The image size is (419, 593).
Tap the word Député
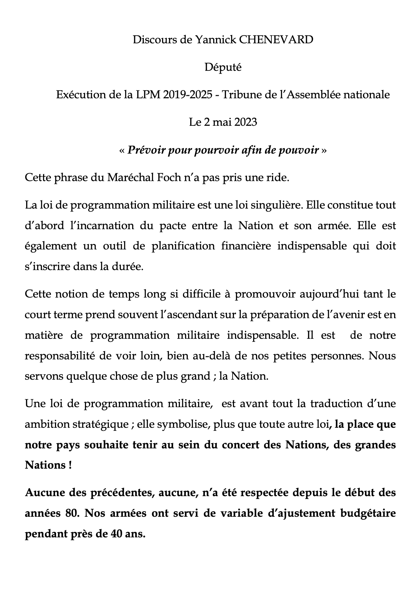click(x=223, y=67)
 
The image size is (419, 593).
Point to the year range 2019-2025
click(x=187, y=94)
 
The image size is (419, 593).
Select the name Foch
click(x=169, y=178)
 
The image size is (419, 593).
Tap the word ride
click(x=278, y=178)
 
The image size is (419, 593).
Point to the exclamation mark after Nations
click(x=70, y=465)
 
